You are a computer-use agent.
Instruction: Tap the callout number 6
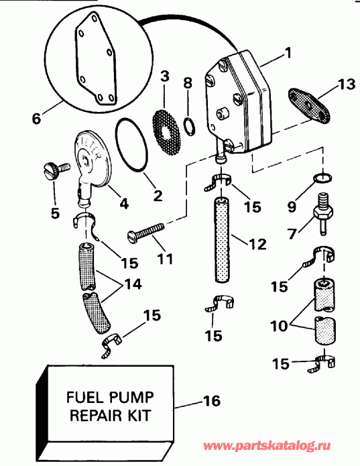[36, 119]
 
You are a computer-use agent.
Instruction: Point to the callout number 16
[212, 402]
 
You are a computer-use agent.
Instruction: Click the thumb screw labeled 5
[54, 169]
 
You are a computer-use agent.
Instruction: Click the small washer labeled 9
[322, 178]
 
